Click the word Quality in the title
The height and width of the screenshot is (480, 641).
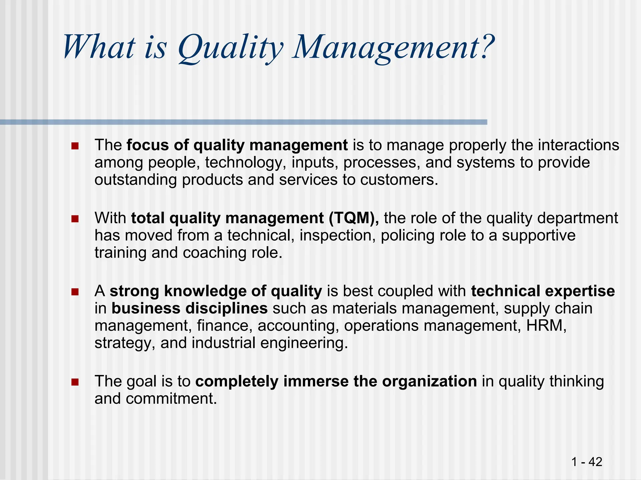click(230, 48)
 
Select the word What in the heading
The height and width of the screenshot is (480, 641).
click(99, 47)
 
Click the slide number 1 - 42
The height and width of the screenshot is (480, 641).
click(587, 462)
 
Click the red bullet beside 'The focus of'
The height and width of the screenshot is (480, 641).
click(75, 146)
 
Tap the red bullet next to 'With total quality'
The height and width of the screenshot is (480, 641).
click(75, 219)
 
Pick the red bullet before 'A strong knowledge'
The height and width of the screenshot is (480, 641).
click(75, 292)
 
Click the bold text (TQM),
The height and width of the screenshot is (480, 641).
click(354, 218)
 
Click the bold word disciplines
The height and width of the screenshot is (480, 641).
click(226, 308)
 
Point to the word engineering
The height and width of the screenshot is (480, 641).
click(304, 343)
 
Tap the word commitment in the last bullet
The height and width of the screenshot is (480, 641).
click(171, 399)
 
